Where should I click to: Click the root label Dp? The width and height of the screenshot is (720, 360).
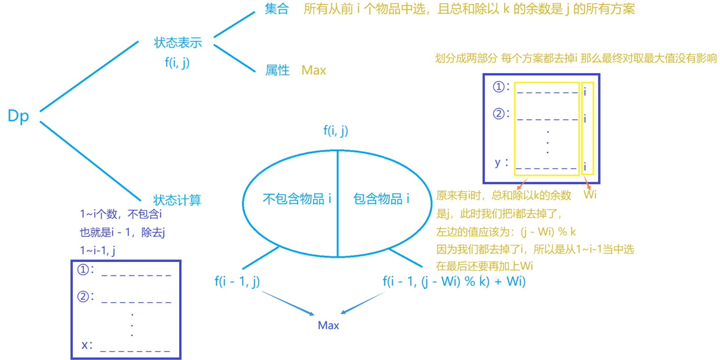click(18, 116)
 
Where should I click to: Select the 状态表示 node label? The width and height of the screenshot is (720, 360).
click(178, 43)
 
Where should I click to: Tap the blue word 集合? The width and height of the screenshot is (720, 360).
click(276, 9)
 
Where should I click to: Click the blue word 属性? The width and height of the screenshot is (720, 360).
click(277, 70)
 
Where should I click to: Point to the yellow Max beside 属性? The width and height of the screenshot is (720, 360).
click(313, 70)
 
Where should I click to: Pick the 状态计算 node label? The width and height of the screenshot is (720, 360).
click(177, 200)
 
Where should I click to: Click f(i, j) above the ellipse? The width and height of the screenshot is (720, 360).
click(335, 131)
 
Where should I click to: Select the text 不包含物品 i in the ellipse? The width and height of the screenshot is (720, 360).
click(297, 199)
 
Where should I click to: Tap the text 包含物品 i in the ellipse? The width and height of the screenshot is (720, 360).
click(381, 199)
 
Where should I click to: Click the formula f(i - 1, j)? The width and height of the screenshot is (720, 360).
click(237, 281)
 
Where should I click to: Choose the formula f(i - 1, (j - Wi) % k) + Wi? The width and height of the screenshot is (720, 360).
click(454, 281)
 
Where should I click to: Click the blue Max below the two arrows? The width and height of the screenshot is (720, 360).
click(328, 325)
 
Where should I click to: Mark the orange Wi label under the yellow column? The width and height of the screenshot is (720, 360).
click(590, 194)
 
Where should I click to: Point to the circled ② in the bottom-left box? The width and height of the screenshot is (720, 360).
click(83, 296)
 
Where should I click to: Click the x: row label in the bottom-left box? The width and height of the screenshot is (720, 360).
click(87, 345)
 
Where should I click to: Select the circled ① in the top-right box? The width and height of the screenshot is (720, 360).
click(499, 87)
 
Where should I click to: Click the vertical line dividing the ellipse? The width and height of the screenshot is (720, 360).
click(337, 203)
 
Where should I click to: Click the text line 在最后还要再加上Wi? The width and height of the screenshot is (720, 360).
click(484, 266)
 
